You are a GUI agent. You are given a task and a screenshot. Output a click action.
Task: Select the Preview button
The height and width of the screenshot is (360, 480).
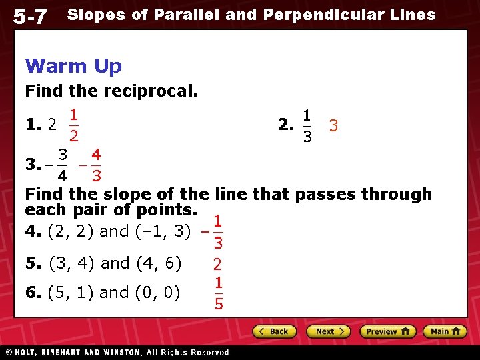point(387,331)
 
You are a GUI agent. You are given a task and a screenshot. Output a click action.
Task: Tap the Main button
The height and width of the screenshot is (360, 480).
point(445,331)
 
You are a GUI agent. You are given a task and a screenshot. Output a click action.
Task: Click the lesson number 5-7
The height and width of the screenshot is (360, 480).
point(30,16)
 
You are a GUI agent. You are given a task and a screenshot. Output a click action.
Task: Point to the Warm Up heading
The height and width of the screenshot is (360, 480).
point(73,66)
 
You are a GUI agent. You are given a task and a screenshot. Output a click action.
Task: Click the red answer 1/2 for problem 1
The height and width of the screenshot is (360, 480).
point(74,125)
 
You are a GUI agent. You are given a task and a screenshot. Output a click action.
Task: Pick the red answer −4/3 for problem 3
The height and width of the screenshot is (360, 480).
point(91,165)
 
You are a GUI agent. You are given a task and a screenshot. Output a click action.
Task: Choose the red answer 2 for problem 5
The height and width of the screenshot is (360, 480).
point(217,264)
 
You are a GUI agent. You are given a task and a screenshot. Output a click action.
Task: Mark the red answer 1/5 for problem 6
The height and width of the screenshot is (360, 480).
point(218,293)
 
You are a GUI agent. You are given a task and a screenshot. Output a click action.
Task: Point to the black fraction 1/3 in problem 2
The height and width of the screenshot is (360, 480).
point(306,125)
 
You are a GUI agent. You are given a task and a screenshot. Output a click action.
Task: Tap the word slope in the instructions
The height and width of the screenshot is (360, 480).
point(125,195)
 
